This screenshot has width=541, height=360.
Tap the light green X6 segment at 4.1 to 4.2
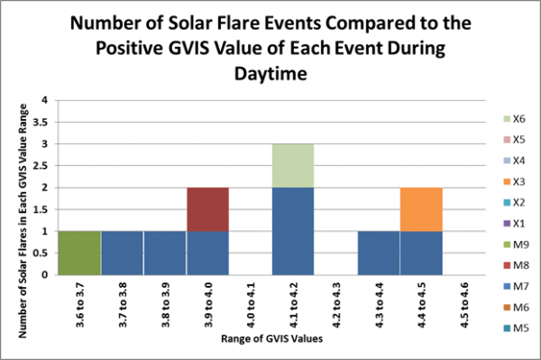[x=292, y=165]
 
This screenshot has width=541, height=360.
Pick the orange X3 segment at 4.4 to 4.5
[x=421, y=208]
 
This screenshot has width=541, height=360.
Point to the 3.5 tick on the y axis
[x=50, y=122]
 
